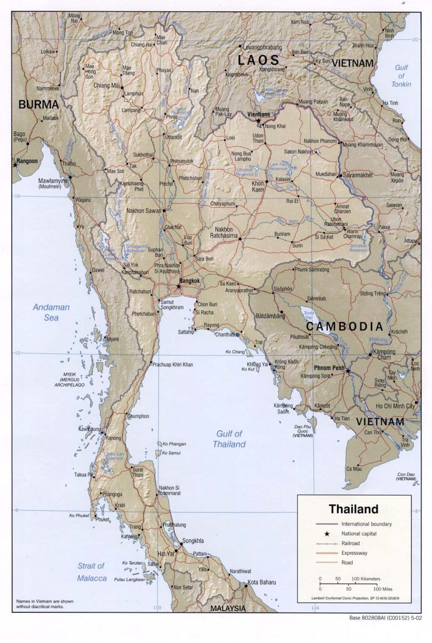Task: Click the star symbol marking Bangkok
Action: click(179, 286)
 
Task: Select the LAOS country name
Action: click(258, 60)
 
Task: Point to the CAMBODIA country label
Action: click(344, 326)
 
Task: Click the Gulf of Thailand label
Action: click(229, 439)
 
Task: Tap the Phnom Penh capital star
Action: click(348, 371)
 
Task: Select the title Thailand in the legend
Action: click(353, 509)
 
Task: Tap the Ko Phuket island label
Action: click(80, 515)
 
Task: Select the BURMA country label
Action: click(39, 104)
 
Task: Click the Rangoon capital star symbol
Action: click(15, 165)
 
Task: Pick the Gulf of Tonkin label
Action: click(401, 76)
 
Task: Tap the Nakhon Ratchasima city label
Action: click(229, 232)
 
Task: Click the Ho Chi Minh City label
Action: click(395, 406)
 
